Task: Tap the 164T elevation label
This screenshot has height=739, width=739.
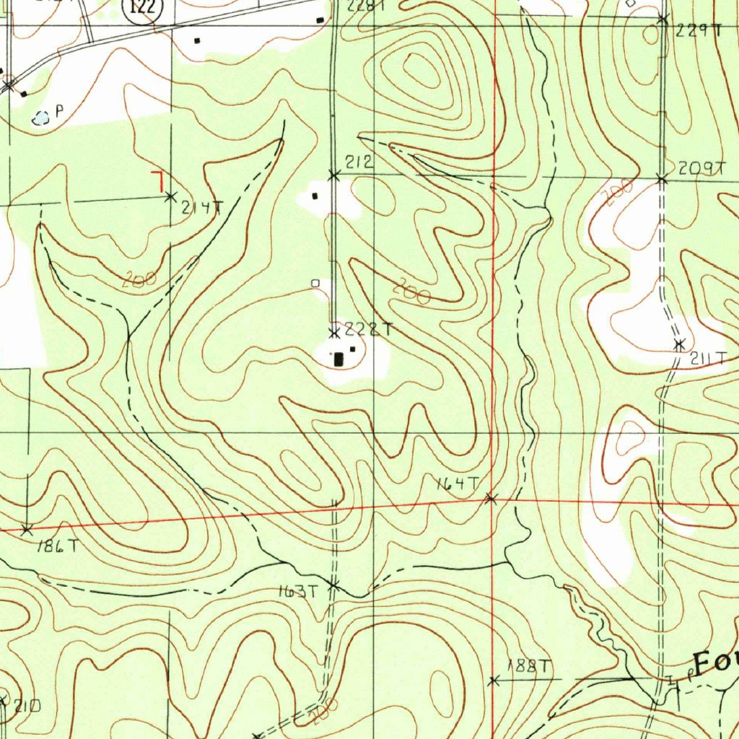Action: coord(458,484)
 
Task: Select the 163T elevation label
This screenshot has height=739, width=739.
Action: coord(298,592)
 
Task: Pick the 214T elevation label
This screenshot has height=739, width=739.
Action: coord(202,209)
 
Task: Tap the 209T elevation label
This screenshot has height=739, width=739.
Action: coord(701,168)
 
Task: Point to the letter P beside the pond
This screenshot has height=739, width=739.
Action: coord(60,111)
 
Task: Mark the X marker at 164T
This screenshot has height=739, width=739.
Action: coord(491,498)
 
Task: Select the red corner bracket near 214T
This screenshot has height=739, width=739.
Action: coord(157,180)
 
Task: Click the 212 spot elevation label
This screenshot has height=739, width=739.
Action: coord(359,162)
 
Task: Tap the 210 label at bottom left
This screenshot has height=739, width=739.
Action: coord(26,705)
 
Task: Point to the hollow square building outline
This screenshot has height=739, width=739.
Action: coord(315,284)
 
